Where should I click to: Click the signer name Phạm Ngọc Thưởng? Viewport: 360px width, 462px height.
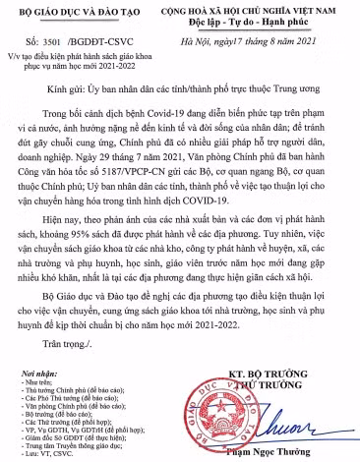tap(281, 450)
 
